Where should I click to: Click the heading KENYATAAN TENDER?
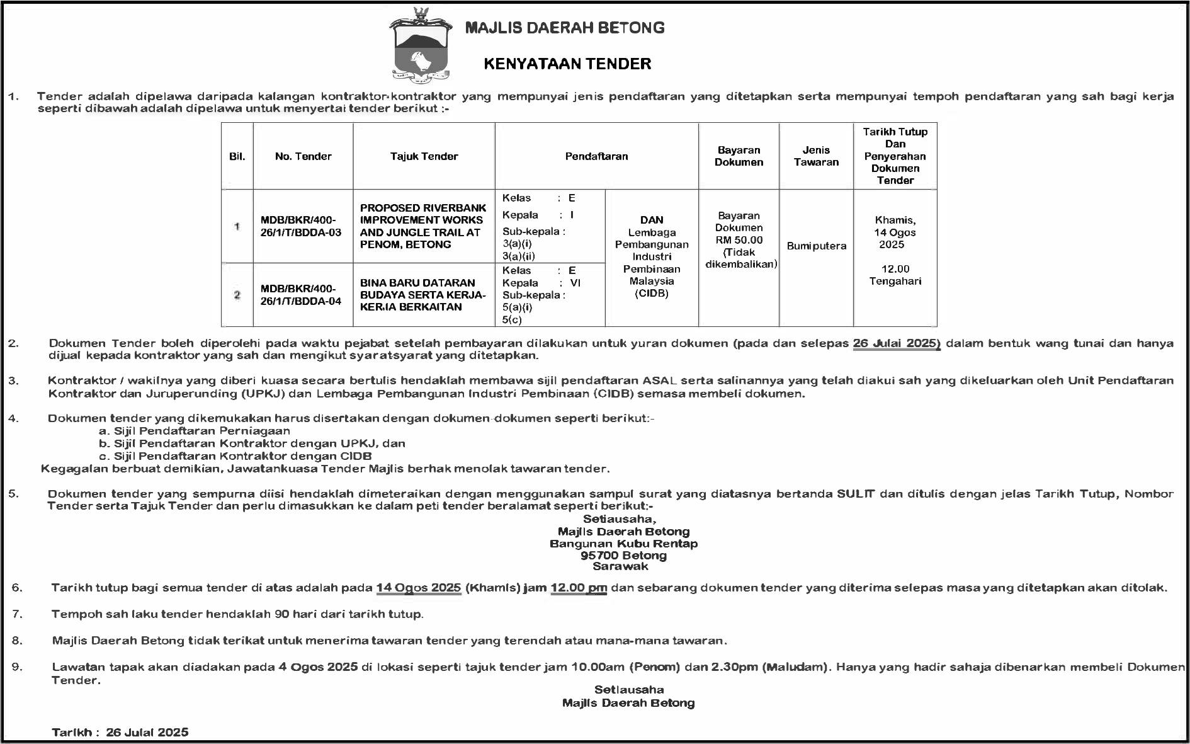click(x=567, y=64)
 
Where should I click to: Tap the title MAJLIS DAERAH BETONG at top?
click(x=565, y=28)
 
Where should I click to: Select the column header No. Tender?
click(x=303, y=156)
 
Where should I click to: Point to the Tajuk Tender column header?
click(x=424, y=156)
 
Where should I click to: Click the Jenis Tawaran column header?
click(x=816, y=156)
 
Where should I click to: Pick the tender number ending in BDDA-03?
click(x=301, y=226)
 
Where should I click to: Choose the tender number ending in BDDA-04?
click(x=301, y=295)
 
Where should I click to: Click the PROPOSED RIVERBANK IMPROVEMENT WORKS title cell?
click(x=423, y=226)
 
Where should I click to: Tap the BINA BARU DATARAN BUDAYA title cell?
click(x=423, y=295)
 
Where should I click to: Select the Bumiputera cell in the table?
click(x=816, y=246)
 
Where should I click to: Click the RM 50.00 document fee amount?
click(x=739, y=240)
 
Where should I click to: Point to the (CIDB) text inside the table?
click(x=652, y=294)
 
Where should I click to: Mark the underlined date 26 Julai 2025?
click(x=897, y=343)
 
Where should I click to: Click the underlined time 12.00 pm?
click(x=579, y=588)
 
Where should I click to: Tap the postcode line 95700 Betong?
click(x=623, y=555)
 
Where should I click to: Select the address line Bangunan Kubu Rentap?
click(x=623, y=543)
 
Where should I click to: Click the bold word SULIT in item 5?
click(x=856, y=494)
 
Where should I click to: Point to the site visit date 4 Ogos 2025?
click(x=318, y=667)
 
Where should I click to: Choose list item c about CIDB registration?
click(x=235, y=456)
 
